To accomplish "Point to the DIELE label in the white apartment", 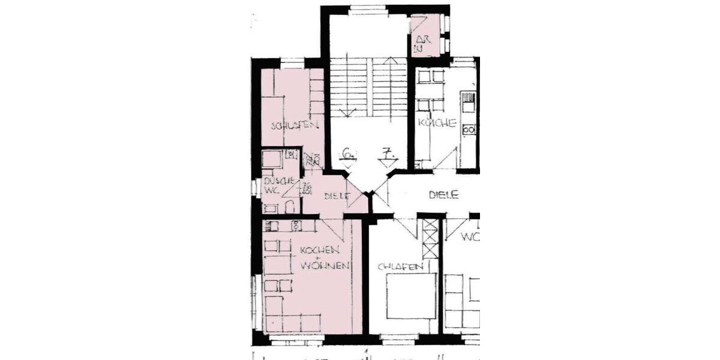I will click(443, 194).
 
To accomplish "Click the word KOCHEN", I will click(321, 249).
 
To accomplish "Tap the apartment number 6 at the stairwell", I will click(346, 154).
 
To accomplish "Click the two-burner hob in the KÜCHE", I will click(469, 129).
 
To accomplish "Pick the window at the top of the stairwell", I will click(367, 10).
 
